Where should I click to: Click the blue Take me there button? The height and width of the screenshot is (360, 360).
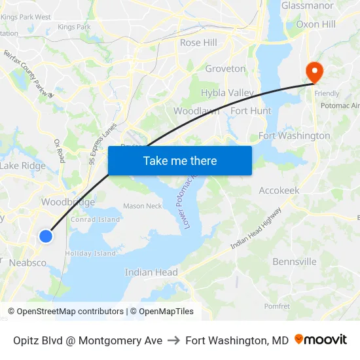click(x=180, y=160)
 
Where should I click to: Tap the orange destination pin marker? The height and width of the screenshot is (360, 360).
click(x=314, y=71)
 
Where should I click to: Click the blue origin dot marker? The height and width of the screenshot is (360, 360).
click(x=45, y=236)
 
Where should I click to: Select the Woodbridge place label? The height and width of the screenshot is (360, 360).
click(x=68, y=202)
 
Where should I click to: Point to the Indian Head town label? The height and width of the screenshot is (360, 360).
click(x=151, y=272)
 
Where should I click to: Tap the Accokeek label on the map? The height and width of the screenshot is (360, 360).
click(x=279, y=190)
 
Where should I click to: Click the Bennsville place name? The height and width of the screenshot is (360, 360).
click(x=294, y=262)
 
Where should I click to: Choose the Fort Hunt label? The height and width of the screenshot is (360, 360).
click(x=251, y=111)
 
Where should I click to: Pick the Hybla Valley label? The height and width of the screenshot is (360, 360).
click(x=226, y=93)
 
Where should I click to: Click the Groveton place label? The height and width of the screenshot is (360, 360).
click(x=225, y=69)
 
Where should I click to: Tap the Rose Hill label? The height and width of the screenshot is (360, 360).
click(x=198, y=43)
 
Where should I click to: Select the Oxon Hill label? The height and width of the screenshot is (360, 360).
click(x=315, y=24)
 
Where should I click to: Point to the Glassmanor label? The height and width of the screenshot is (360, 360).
click(x=308, y=6)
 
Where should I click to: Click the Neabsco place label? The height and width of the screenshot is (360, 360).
click(x=27, y=262)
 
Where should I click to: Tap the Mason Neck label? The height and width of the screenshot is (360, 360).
click(x=142, y=206)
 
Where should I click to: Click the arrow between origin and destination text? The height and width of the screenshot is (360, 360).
click(x=173, y=340)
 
